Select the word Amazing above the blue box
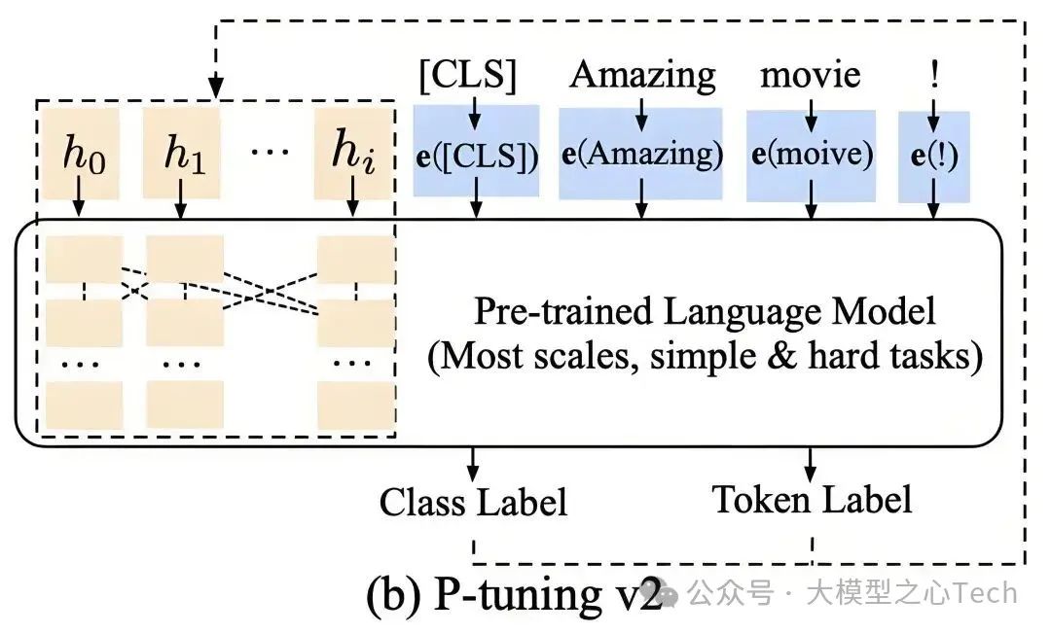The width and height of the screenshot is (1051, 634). click(x=642, y=74)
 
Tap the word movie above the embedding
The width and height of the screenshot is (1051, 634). click(x=811, y=75)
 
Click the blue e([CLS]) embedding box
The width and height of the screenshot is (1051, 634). click(x=476, y=155)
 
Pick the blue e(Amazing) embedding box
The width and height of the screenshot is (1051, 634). click(x=640, y=155)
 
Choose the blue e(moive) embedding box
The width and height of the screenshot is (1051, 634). click(x=811, y=155)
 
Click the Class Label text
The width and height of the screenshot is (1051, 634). click(x=473, y=502)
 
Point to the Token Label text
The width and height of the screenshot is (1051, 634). click(x=812, y=499)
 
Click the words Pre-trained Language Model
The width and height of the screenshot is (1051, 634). click(x=705, y=312)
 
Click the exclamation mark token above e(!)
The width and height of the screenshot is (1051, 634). click(x=934, y=75)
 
